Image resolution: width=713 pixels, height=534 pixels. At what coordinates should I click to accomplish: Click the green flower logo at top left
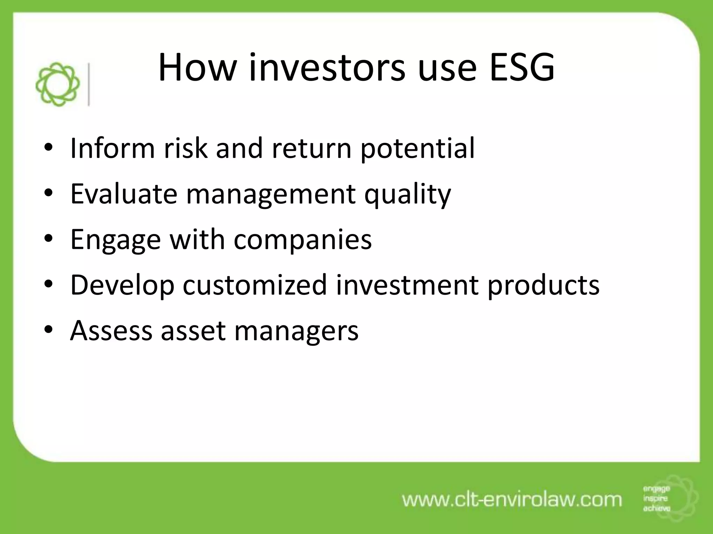coord(57,84)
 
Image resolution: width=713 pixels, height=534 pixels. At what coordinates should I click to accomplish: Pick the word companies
coord(302,240)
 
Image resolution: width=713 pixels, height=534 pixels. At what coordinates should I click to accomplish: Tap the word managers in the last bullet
coord(296,331)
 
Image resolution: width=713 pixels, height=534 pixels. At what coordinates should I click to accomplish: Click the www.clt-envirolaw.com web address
coord(512,500)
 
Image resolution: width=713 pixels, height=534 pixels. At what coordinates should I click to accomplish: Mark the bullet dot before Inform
coord(48,148)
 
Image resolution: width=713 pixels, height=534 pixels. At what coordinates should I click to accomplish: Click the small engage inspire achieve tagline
coord(656,499)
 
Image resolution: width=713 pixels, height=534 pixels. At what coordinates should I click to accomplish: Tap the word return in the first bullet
coord(311,149)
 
